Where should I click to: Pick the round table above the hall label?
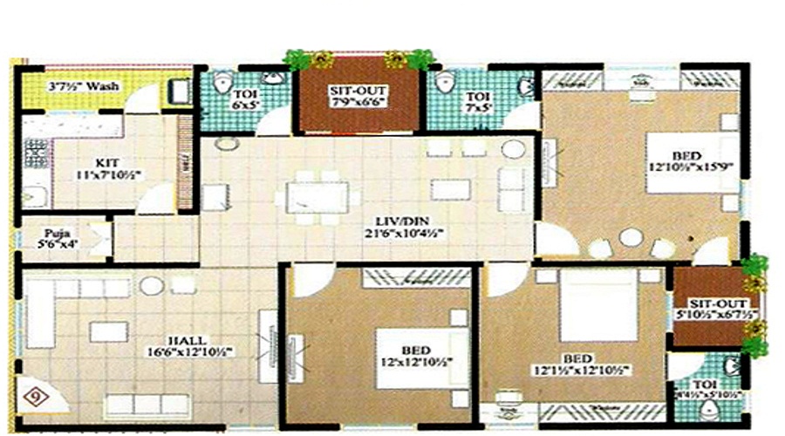click(151, 284)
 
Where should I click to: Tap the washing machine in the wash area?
click(180, 90)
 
